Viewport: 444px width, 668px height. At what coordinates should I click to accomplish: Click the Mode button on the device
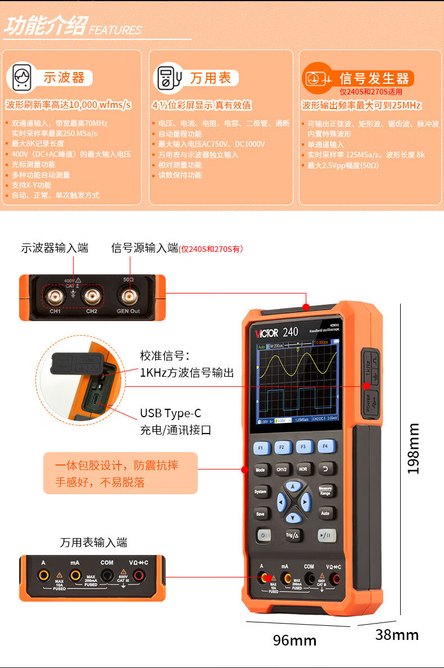coord(260,470)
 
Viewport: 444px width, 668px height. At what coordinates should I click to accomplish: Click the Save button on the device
coord(260,514)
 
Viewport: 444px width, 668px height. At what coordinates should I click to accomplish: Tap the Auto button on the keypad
coord(325,513)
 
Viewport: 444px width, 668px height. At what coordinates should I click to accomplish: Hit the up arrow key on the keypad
coord(292,486)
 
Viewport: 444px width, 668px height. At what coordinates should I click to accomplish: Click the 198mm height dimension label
coord(414,448)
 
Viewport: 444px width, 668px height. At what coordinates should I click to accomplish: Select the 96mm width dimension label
coord(295,640)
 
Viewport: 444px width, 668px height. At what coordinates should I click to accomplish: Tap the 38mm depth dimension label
coord(397,635)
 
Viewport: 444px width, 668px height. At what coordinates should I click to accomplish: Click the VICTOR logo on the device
coord(267,333)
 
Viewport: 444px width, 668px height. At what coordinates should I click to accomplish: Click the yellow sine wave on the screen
coord(298,365)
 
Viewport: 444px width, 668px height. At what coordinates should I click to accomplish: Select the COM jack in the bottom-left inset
coord(107,575)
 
